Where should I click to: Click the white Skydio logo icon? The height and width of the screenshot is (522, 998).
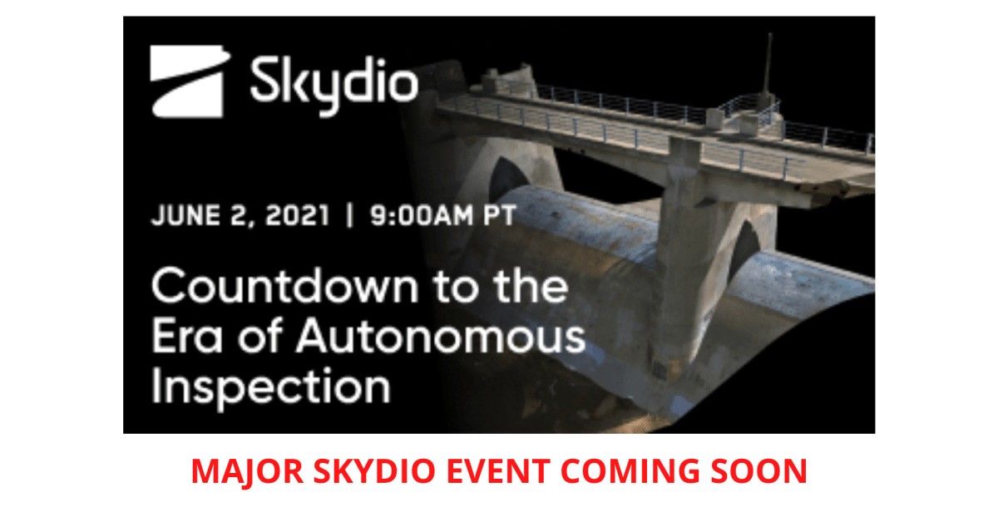tap(190, 81)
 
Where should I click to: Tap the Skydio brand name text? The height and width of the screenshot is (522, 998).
tap(334, 86)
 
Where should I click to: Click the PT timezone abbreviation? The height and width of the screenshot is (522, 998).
tap(500, 215)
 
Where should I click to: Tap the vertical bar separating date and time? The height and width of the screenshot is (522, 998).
tap(350, 215)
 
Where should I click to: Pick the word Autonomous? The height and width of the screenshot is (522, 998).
tap(441, 336)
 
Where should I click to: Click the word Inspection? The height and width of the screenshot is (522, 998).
tap(271, 387)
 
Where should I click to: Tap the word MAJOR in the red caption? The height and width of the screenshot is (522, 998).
tap(248, 471)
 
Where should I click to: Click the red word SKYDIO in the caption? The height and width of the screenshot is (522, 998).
tap(375, 471)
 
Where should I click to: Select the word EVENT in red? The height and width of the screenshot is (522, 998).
tap(498, 471)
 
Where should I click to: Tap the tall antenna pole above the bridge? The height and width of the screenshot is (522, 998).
tap(768, 66)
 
